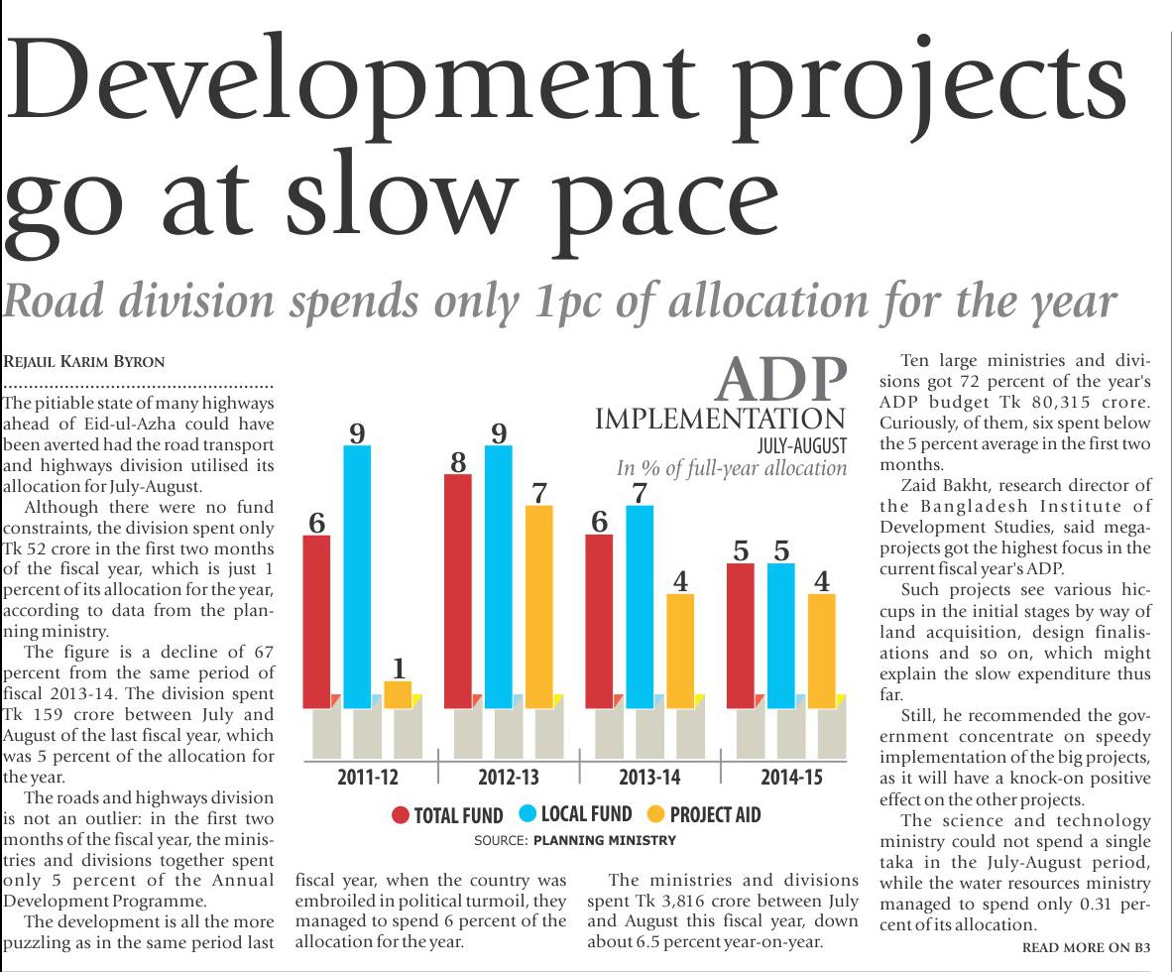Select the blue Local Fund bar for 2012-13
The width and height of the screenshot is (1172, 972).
(x=499, y=575)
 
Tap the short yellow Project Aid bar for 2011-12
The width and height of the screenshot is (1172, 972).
(x=398, y=694)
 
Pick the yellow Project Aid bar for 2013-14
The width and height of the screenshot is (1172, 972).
(x=680, y=651)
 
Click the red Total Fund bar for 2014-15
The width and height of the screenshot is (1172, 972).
(x=741, y=635)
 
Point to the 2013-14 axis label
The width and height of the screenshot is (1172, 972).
(x=650, y=777)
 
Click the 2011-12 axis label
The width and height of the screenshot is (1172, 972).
(x=367, y=777)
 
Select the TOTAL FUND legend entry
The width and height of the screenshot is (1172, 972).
(x=447, y=815)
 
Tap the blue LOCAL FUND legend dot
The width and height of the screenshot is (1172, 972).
(x=527, y=814)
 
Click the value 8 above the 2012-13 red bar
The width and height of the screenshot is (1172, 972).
(x=457, y=462)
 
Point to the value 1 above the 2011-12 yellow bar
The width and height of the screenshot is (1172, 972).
(x=399, y=668)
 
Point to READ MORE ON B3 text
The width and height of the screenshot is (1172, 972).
(x=1086, y=948)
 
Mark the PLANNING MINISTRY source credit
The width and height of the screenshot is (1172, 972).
(x=605, y=840)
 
